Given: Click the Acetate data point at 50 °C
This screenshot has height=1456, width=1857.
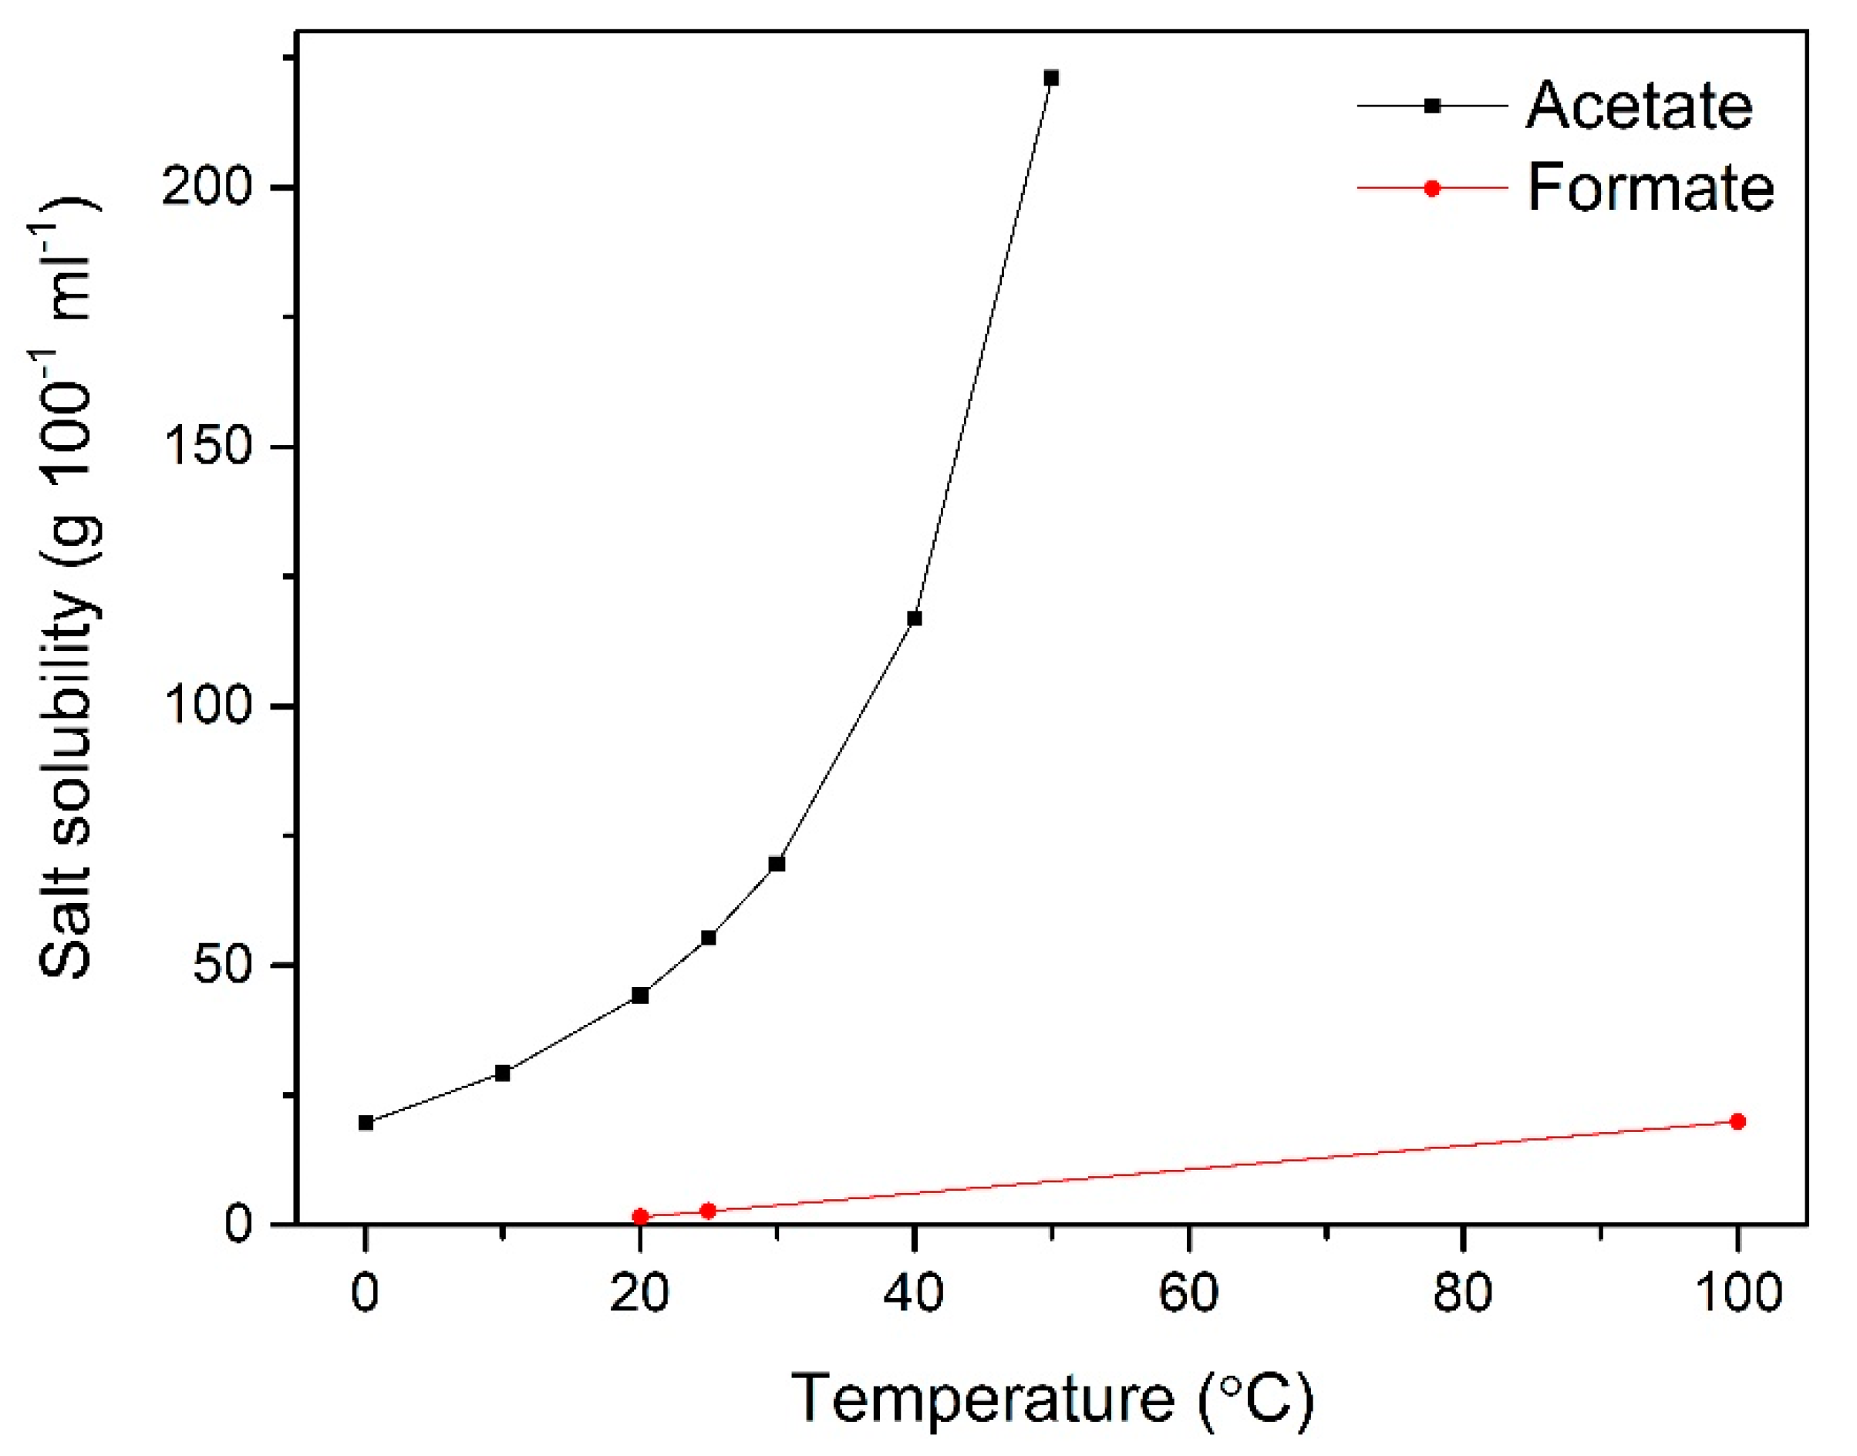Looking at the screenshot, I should click(1052, 79).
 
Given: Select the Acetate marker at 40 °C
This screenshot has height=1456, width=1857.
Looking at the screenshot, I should click(915, 618).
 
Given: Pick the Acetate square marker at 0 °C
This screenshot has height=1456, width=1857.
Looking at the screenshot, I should click(366, 1123).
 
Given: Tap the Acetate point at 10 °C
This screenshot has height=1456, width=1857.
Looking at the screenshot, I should click(503, 1073).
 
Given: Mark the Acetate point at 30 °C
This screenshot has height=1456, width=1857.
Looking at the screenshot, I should click(777, 865).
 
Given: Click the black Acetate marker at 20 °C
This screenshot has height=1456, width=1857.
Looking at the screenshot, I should click(640, 996).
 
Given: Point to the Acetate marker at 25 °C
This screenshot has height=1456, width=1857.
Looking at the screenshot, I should click(708, 938).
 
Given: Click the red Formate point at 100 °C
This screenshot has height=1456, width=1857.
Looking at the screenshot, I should click(1737, 1121).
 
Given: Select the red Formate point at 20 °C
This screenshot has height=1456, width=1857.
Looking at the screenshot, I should click(640, 1216).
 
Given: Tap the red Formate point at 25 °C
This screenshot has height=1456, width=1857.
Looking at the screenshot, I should click(708, 1211).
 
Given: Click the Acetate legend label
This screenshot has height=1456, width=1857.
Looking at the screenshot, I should click(1639, 106).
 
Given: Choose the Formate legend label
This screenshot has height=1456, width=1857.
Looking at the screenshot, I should click(1650, 187).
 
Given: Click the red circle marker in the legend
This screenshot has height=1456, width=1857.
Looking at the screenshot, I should click(1433, 188).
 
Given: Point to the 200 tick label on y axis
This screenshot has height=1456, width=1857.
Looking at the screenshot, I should click(207, 187).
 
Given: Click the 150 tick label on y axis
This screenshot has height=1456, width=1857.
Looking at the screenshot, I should click(207, 447).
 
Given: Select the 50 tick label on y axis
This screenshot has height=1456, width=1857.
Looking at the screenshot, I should click(224, 966).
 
